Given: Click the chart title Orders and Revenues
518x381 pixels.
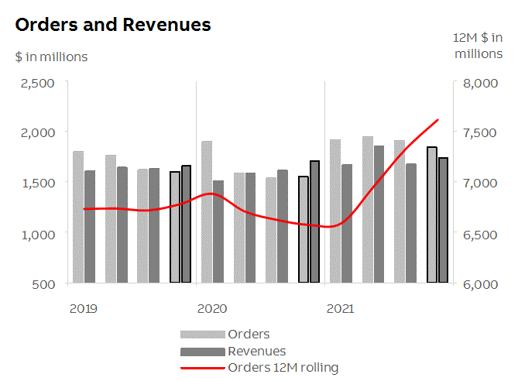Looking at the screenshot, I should [113, 25].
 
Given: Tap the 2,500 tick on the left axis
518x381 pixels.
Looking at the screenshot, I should [37, 84].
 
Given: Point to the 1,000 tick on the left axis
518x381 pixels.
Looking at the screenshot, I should [37, 234].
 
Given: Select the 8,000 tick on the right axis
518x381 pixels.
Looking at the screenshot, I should [479, 84].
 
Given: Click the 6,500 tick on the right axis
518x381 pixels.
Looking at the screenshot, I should [479, 234].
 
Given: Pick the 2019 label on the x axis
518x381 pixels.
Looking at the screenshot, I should [84, 309].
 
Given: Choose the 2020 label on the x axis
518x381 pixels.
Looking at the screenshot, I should [212, 309].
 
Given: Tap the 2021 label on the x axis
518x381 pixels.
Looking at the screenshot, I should [341, 309].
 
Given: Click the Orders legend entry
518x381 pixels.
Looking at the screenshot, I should [249, 335].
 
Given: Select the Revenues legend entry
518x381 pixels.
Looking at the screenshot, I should [256, 351].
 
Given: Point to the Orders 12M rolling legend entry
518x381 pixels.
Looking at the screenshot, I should [283, 367].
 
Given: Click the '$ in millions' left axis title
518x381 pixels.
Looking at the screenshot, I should [51, 57].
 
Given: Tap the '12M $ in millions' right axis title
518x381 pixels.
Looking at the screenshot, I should [478, 45].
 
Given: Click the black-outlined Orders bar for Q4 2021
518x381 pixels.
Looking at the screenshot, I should [432, 215].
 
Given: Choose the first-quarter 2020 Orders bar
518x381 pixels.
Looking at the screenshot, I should [207, 212].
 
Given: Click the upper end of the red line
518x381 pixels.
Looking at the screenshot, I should [438, 120].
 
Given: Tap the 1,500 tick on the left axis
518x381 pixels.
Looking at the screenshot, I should [37, 184].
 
